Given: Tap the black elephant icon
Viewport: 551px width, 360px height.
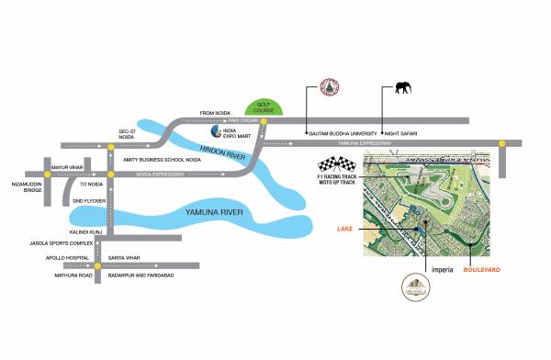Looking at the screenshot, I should coord(404,88).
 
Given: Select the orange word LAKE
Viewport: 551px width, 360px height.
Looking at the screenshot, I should coord(345,227).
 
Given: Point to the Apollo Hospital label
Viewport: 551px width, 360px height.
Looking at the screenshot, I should coord(43,258).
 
